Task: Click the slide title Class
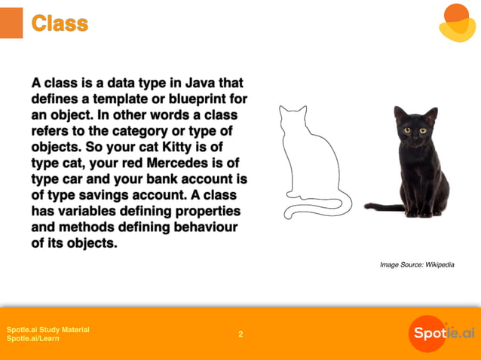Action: tap(60, 24)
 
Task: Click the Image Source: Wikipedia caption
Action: tap(417, 264)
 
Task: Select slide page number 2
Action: tap(240, 334)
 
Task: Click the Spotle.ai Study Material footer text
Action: tap(47, 329)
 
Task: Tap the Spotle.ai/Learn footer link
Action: tap(33, 339)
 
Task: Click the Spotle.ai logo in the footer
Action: tap(442, 334)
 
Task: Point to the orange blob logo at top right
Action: tap(458, 22)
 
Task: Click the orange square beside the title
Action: tap(11, 23)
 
